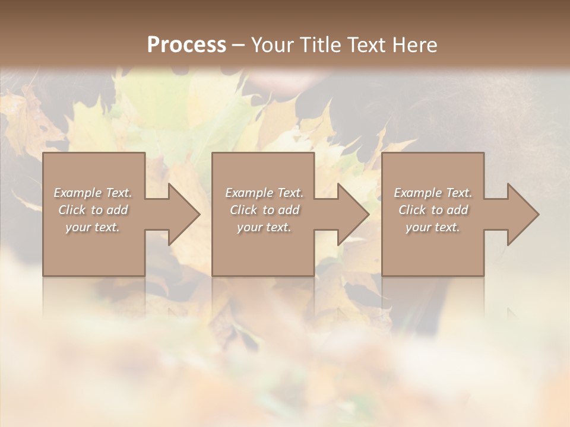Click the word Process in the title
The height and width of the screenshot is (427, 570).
[x=186, y=45]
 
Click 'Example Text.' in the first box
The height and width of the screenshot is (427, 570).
[x=93, y=193]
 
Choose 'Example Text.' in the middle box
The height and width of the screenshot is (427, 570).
[x=264, y=193]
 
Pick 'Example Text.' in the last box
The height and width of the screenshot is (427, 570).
[x=433, y=193]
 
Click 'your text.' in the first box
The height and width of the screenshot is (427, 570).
[x=93, y=227]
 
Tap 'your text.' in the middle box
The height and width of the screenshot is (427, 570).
[x=264, y=227]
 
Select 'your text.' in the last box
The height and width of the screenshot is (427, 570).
[x=433, y=227]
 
